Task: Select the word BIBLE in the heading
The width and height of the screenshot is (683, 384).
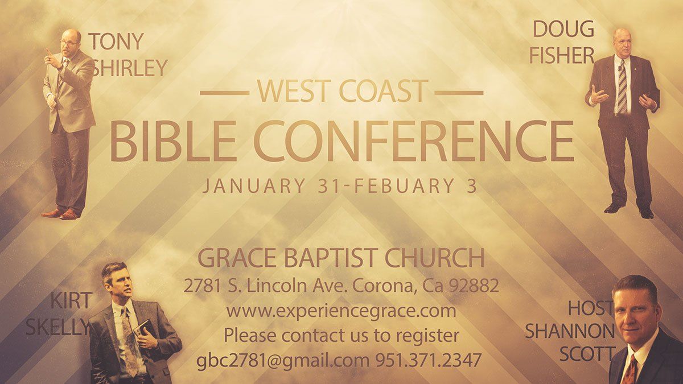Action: coord(173,141)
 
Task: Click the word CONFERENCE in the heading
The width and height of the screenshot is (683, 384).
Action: coord(414,141)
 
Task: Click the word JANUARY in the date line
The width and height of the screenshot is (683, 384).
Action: coord(254,185)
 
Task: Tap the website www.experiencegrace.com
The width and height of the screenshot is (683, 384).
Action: coord(341,311)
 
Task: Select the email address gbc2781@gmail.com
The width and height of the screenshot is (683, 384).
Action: coord(283,360)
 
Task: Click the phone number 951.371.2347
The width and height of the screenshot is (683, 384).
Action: coord(428,360)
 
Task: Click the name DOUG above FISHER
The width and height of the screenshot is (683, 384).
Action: coord(563,29)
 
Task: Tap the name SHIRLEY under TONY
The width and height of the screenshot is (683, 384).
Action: coord(130,68)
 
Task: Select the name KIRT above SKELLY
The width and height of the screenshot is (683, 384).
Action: coord(71,300)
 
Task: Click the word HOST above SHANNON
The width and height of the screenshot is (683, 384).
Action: coord(591,308)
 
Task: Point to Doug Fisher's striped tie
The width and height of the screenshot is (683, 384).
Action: coord(622,86)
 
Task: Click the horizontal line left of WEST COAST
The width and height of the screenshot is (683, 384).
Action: coord(225,92)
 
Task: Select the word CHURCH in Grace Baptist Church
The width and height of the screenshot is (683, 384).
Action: coord(434,258)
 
